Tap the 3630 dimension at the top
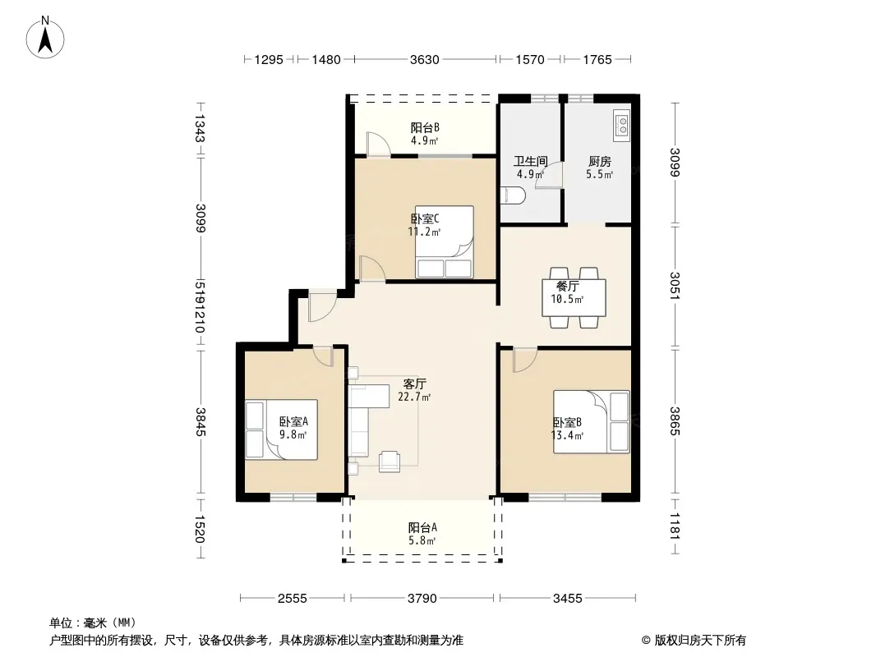[x=425, y=59]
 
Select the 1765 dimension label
[x=597, y=59]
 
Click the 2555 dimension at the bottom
[x=293, y=599]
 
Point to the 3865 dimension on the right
[x=675, y=421]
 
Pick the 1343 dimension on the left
[x=201, y=129]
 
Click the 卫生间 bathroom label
[x=530, y=162]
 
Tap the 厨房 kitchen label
[x=599, y=162]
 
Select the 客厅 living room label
[x=414, y=384]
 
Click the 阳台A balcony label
[x=422, y=527]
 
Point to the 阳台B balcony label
[x=425, y=128]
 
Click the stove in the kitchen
[x=622, y=123]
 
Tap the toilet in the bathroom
[x=512, y=195]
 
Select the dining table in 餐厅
[x=574, y=297]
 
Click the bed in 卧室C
[x=445, y=241]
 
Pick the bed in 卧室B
[x=591, y=421]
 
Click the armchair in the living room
[x=390, y=461]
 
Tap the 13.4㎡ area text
[x=567, y=435]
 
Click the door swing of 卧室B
[x=524, y=360]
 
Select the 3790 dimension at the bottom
[x=422, y=599]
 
